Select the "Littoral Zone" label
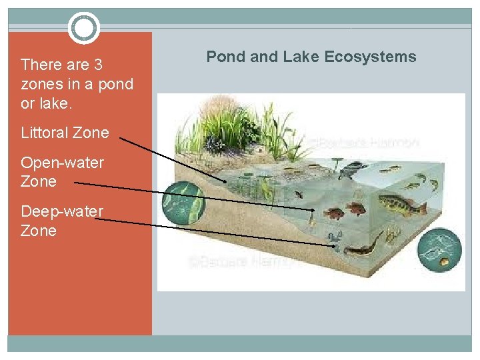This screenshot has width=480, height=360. tap(65, 133)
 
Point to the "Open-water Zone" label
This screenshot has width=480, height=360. tap(62, 172)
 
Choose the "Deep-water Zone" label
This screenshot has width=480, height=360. tap(62, 221)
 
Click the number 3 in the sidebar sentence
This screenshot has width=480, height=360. tap(97, 65)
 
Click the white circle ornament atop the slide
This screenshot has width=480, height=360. tap(83, 28)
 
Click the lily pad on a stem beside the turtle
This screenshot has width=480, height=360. tap(335, 161)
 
